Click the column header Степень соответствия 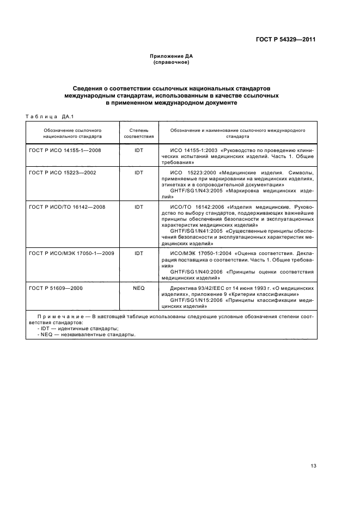click(x=138, y=134)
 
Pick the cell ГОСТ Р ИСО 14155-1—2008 click(x=65, y=149)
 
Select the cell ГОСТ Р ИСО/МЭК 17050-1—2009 click(x=72, y=253)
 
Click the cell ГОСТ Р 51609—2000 click(x=56, y=288)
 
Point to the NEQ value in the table click(x=138, y=288)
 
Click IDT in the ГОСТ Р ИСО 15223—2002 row click(x=138, y=172)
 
